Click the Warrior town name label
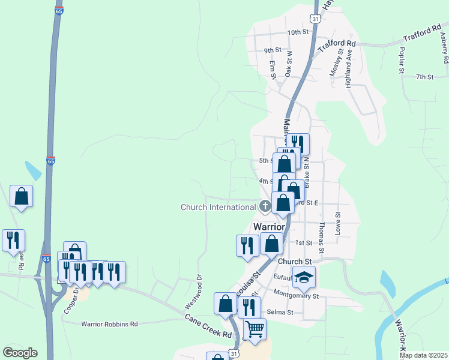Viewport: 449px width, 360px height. pos(269,227)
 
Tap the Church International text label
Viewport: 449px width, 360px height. pos(218,208)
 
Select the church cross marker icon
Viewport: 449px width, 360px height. pos(265,207)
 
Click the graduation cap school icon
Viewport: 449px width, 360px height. pos(304,277)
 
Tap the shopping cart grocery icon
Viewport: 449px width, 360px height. pos(255,329)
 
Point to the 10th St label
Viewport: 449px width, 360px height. pos(297,32)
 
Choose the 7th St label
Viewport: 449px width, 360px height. pos(424,77)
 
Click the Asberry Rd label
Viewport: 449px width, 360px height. pos(444,48)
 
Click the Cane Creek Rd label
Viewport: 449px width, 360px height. pos(208,326)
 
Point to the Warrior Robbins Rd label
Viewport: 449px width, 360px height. pos(109,324)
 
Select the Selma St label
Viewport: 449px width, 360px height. pos(281,312)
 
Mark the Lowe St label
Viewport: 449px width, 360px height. pos(338,223)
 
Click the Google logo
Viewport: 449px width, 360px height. pos(20,353)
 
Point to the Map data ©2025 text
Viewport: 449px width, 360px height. pos(423,355)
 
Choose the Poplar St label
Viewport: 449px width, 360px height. pos(402,59)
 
